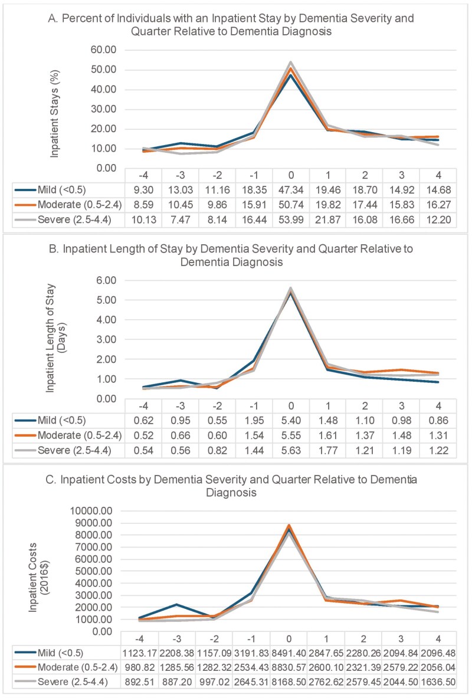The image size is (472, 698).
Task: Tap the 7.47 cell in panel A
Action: [x=180, y=216]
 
